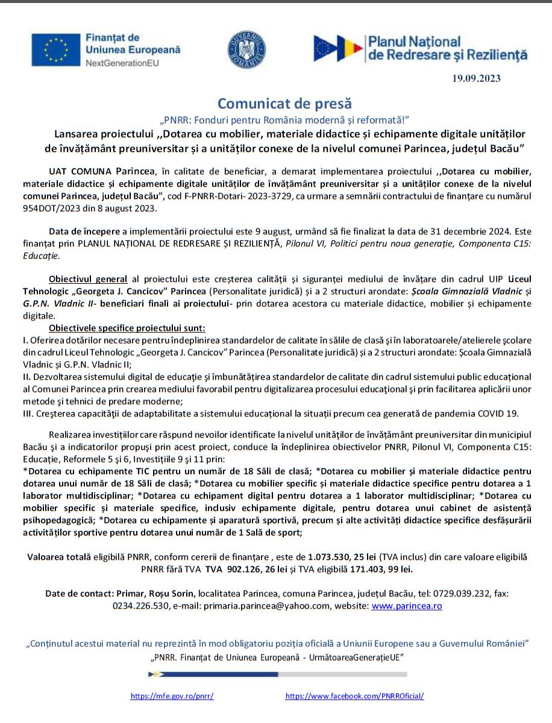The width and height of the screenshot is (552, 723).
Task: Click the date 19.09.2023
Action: tap(477, 78)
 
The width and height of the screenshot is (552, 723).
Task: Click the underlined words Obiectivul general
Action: tap(88, 279)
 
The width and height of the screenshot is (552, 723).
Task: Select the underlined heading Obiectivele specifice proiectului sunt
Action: tap(127, 328)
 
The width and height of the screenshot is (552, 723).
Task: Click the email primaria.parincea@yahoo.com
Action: tap(265, 606)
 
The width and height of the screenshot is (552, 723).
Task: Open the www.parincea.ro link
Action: tap(407, 606)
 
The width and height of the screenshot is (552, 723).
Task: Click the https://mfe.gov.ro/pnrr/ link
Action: tap(172, 696)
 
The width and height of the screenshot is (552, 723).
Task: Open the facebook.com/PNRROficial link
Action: tap(354, 696)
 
